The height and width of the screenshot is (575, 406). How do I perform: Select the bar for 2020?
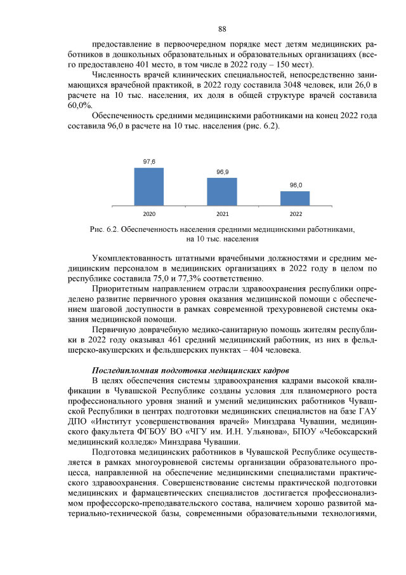148,186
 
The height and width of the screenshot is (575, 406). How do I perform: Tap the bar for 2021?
222,191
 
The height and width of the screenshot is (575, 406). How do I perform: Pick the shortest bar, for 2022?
295,198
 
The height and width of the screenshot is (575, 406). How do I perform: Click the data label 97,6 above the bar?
148,162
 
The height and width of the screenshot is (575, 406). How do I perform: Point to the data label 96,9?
222,172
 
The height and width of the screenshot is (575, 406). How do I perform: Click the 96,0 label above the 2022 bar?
296,185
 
